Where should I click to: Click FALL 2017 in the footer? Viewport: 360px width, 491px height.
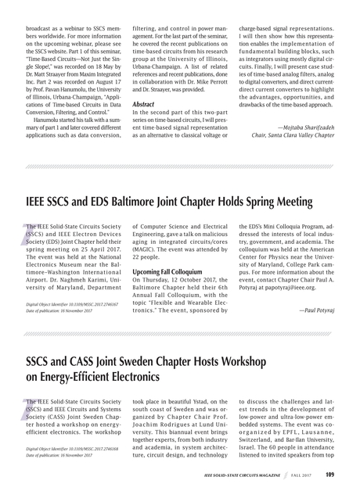coord(301,475)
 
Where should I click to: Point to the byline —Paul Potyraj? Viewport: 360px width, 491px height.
coord(317,310)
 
